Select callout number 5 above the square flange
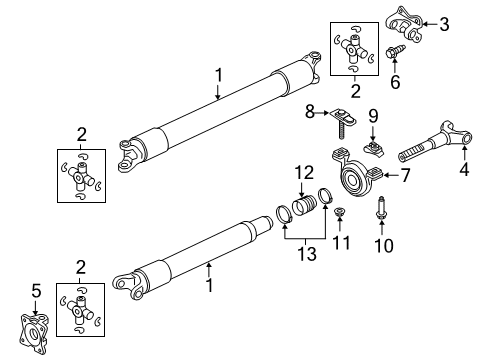[36, 290]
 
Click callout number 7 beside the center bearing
[405, 176]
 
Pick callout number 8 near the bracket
[310, 111]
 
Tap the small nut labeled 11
[340, 212]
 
